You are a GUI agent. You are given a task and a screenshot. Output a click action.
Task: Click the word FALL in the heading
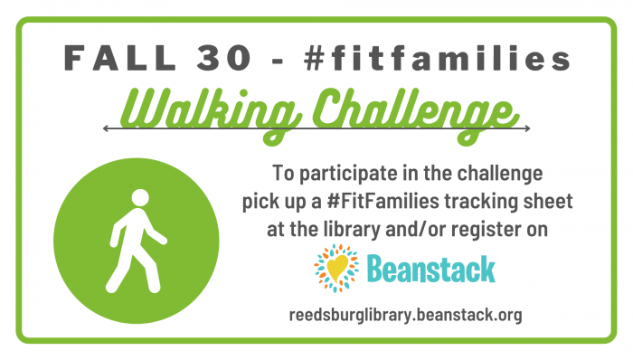[120, 58]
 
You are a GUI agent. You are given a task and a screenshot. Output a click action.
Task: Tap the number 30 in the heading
[224, 58]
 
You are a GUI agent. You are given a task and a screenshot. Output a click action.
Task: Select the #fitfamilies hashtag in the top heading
[437, 58]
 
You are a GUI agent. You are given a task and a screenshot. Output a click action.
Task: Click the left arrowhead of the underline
[106, 128]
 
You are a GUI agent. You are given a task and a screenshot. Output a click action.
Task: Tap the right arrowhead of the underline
[527, 128]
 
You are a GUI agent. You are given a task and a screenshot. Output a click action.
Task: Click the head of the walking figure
[140, 198]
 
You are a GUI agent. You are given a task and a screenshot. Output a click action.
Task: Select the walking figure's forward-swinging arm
[155, 228]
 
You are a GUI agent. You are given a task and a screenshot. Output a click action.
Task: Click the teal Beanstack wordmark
[431, 269]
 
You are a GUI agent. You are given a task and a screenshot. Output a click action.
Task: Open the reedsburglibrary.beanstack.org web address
[405, 315]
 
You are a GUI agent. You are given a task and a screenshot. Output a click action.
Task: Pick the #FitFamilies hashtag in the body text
[383, 201]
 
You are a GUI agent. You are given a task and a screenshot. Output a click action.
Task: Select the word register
[486, 230]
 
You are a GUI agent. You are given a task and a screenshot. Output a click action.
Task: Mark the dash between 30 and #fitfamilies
[278, 60]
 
